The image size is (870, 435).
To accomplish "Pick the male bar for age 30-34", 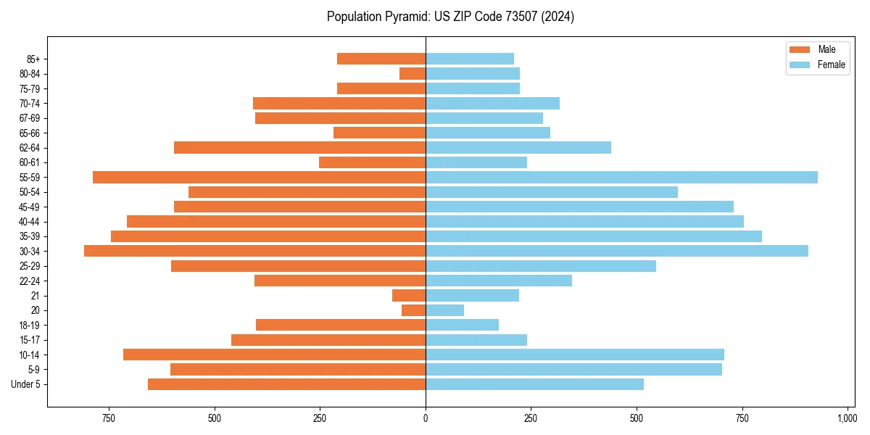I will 254,251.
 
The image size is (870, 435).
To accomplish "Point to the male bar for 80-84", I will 413,74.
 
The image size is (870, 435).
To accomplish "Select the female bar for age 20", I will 444,310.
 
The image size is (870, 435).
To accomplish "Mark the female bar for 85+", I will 470,59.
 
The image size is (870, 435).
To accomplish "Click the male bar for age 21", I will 409,296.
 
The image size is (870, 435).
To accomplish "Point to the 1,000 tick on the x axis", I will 847,418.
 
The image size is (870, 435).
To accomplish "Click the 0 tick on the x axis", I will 426,418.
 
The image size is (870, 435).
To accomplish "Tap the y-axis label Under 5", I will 25,384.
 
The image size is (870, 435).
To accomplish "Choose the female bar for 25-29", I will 541,266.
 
